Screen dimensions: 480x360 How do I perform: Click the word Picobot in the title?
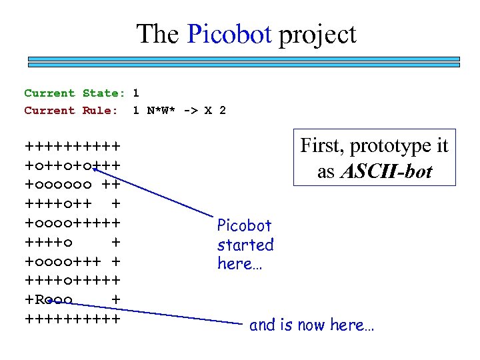pos(230,34)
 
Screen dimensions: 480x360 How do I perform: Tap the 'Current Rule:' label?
pos(71,111)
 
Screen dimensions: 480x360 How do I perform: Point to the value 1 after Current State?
pos(136,93)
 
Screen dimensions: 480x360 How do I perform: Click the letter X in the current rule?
pos(209,111)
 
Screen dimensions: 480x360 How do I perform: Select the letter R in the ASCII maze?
pos(39,301)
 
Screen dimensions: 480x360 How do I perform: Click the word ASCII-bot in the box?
pos(387,171)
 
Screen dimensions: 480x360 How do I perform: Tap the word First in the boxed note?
pos(321,145)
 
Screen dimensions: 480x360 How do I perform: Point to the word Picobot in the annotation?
pos(245,226)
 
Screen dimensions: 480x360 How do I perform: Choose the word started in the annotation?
pos(245,245)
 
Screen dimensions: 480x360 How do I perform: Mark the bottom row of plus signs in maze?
pos(73,319)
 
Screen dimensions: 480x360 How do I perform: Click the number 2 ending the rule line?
pos(223,111)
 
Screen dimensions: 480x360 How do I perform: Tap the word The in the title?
pos(159,34)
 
